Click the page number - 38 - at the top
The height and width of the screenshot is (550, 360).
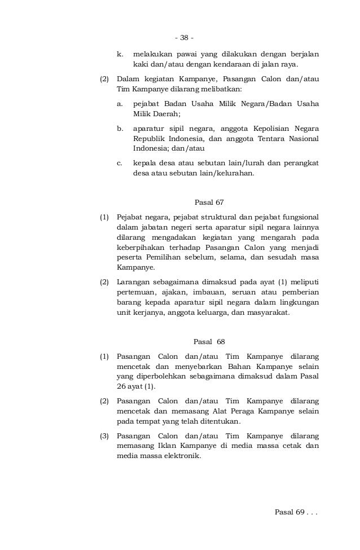(184, 38)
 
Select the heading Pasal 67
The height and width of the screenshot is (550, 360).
(209, 201)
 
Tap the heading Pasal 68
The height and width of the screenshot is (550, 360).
(209, 341)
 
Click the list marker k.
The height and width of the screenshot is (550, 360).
(120, 55)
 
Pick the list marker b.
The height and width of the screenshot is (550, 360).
(120, 128)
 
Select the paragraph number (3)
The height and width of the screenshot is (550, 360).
(104, 436)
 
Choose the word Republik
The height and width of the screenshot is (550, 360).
(149, 138)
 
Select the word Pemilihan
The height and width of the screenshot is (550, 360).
(163, 258)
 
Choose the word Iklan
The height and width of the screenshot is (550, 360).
(166, 446)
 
